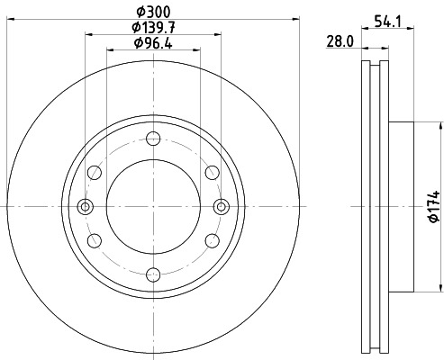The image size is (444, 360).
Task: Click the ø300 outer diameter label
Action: (153, 13)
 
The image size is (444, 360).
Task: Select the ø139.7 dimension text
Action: (153, 28)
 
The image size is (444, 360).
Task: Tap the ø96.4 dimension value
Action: (153, 43)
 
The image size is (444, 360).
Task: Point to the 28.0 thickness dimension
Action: (340, 40)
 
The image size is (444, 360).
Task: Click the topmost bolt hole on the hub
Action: (153, 139)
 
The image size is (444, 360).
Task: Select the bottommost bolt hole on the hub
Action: (153, 274)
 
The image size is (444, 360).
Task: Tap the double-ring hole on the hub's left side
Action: (86, 206)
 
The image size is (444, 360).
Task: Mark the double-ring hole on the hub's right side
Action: (220, 206)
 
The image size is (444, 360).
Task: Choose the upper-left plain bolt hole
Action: (95, 173)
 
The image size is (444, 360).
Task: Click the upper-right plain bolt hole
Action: (212, 173)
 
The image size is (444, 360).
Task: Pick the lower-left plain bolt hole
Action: (95, 240)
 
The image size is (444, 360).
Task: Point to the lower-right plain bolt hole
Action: (212, 240)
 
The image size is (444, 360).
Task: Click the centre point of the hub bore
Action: (153, 206)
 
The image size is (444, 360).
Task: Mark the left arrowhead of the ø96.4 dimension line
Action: (110, 51)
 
